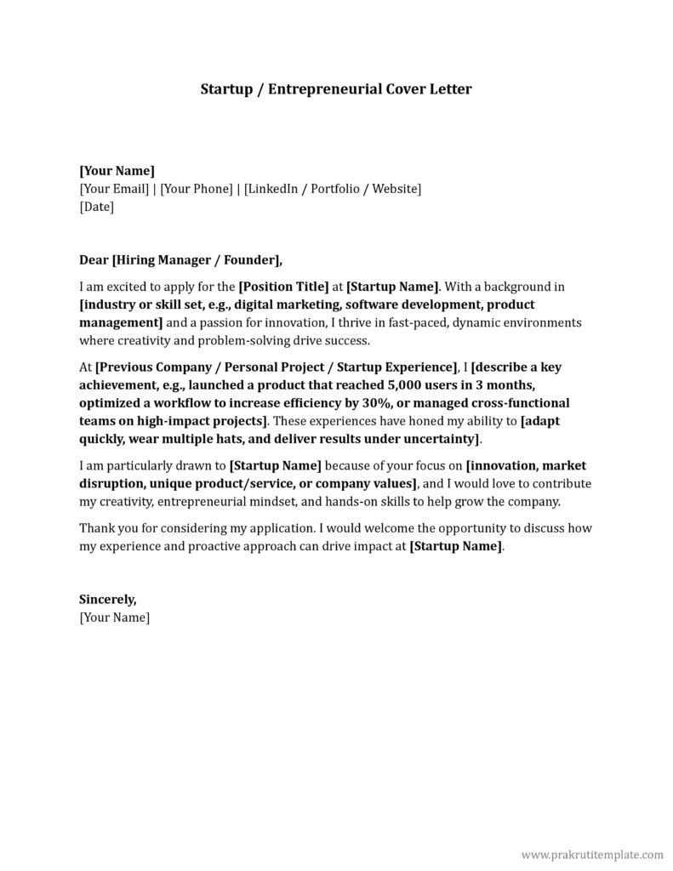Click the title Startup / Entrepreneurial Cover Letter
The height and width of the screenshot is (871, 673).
coord(335,88)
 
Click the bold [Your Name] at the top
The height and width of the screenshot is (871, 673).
coord(117,170)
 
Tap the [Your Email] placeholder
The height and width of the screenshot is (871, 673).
coord(114,188)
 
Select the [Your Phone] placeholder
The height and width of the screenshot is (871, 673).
coord(197,188)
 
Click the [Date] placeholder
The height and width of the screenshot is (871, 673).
coord(96,206)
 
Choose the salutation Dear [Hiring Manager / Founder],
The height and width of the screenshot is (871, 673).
coord(180,259)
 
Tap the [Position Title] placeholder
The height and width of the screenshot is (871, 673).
coord(283,287)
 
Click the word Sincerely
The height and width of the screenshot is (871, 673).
coord(106,600)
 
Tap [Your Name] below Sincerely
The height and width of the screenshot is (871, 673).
coord(114,618)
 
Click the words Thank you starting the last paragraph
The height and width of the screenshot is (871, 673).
coord(106,528)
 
